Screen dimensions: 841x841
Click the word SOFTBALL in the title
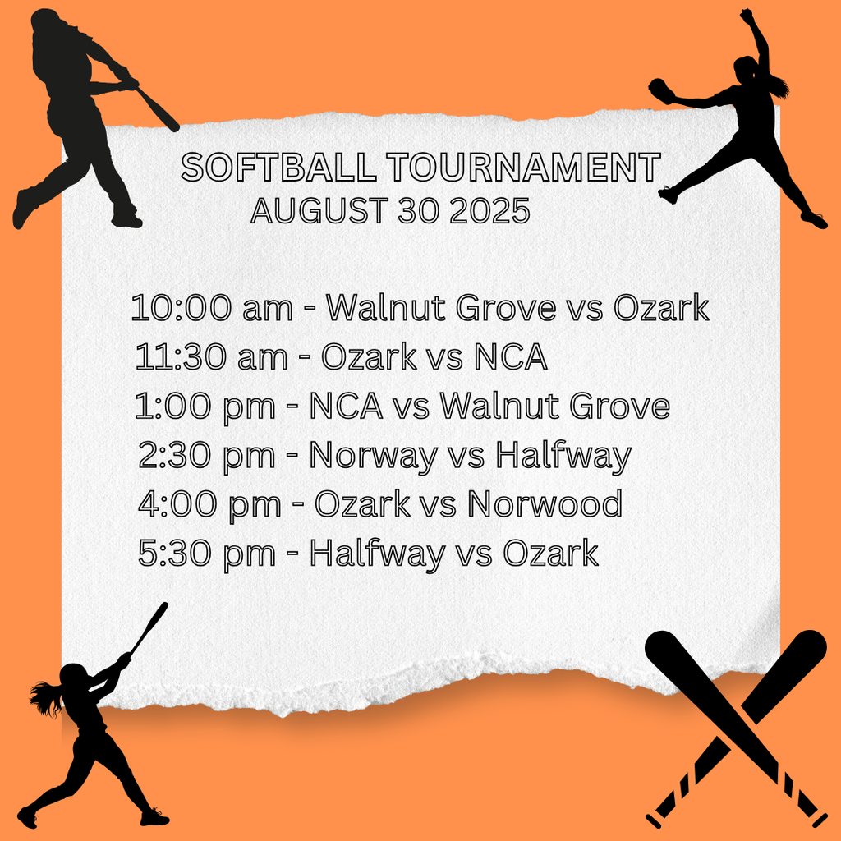pyautogui.click(x=279, y=168)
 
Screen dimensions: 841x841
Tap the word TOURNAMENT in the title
pyautogui.click(x=523, y=168)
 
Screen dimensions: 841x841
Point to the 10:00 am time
pyautogui.click(x=211, y=309)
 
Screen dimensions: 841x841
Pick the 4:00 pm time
pyautogui.click(x=209, y=503)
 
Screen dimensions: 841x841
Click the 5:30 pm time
pyautogui.click(x=207, y=553)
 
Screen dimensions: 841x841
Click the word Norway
pyautogui.click(x=372, y=456)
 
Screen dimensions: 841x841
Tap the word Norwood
pyautogui.click(x=545, y=503)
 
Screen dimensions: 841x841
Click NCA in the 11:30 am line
pyautogui.click(x=510, y=357)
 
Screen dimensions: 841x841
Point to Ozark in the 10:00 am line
pyautogui.click(x=661, y=309)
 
